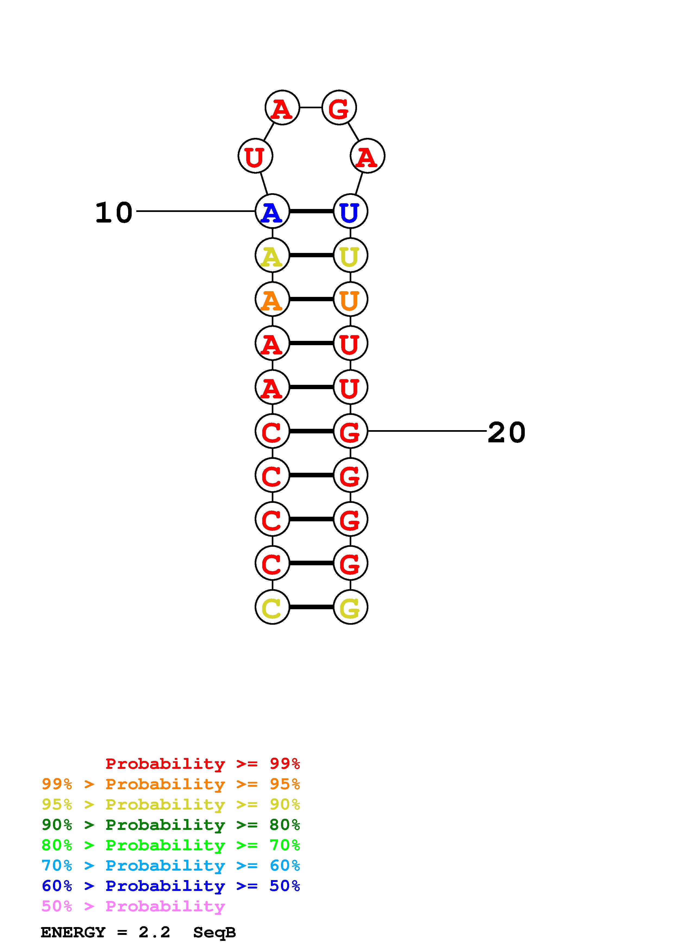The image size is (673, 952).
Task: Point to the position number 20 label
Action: click(x=506, y=433)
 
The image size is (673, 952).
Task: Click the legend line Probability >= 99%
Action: click(x=202, y=763)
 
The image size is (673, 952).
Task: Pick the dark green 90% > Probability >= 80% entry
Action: click(x=171, y=825)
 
